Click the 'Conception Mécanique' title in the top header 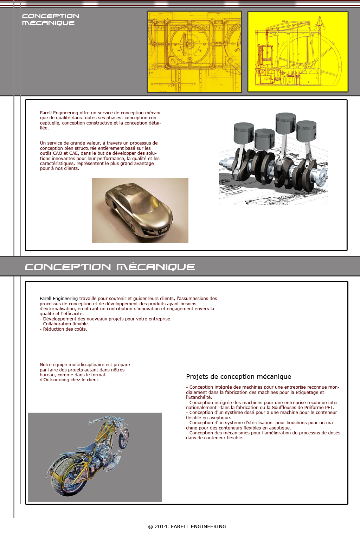click(x=50, y=19)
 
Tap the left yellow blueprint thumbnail click(x=194, y=52)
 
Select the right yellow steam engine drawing click(x=298, y=52)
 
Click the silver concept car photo click(x=140, y=210)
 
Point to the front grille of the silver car click(x=165, y=230)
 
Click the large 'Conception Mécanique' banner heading click(x=110, y=267)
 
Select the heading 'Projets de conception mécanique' click(x=238, y=377)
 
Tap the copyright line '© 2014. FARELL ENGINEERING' click(x=187, y=527)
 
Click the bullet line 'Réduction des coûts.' click(x=65, y=329)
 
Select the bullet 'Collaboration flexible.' click(x=66, y=324)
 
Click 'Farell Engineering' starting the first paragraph click(x=59, y=113)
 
